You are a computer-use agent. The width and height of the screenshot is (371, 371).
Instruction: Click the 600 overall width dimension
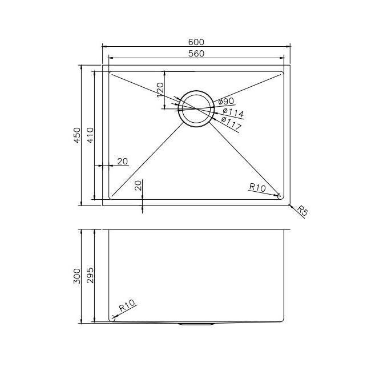click(x=196, y=42)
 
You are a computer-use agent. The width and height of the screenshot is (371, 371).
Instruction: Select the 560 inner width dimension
click(x=196, y=53)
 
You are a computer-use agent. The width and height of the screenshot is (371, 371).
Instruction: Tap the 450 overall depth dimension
click(x=78, y=135)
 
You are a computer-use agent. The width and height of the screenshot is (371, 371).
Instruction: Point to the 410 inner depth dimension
click(x=91, y=135)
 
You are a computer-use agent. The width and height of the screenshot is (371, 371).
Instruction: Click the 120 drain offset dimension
click(x=160, y=89)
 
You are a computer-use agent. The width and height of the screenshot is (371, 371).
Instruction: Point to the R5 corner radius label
click(x=303, y=212)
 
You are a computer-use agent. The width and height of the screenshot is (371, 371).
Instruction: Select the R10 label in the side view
click(x=126, y=309)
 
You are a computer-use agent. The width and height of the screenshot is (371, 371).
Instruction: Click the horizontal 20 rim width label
click(x=123, y=162)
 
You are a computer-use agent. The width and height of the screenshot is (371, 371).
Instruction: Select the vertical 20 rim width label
click(x=138, y=185)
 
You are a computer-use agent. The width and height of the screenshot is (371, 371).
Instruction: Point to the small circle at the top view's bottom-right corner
click(x=279, y=196)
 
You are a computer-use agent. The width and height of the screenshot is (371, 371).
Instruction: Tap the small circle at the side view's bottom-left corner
click(x=112, y=318)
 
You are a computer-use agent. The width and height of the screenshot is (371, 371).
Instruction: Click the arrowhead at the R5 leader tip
click(x=289, y=205)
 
